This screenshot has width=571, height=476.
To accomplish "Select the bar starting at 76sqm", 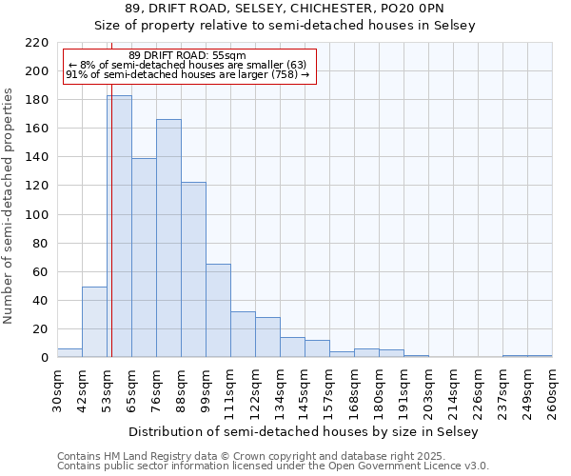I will (168, 238).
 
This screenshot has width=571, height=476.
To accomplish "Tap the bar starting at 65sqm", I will (144, 257).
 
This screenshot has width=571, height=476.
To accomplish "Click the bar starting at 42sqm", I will (94, 322).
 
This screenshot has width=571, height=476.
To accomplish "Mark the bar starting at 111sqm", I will (243, 334).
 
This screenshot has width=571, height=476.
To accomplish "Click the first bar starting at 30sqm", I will (69, 353).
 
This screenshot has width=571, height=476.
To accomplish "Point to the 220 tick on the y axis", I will (37, 43).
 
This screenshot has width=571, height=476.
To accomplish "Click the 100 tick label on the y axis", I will (37, 215).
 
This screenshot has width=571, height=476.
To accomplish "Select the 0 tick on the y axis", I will (44, 358).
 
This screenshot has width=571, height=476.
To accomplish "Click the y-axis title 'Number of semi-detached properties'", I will (10, 207).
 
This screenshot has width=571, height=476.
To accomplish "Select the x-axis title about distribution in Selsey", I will (304, 431).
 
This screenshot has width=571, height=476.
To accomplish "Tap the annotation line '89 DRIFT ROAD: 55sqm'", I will (187, 55).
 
